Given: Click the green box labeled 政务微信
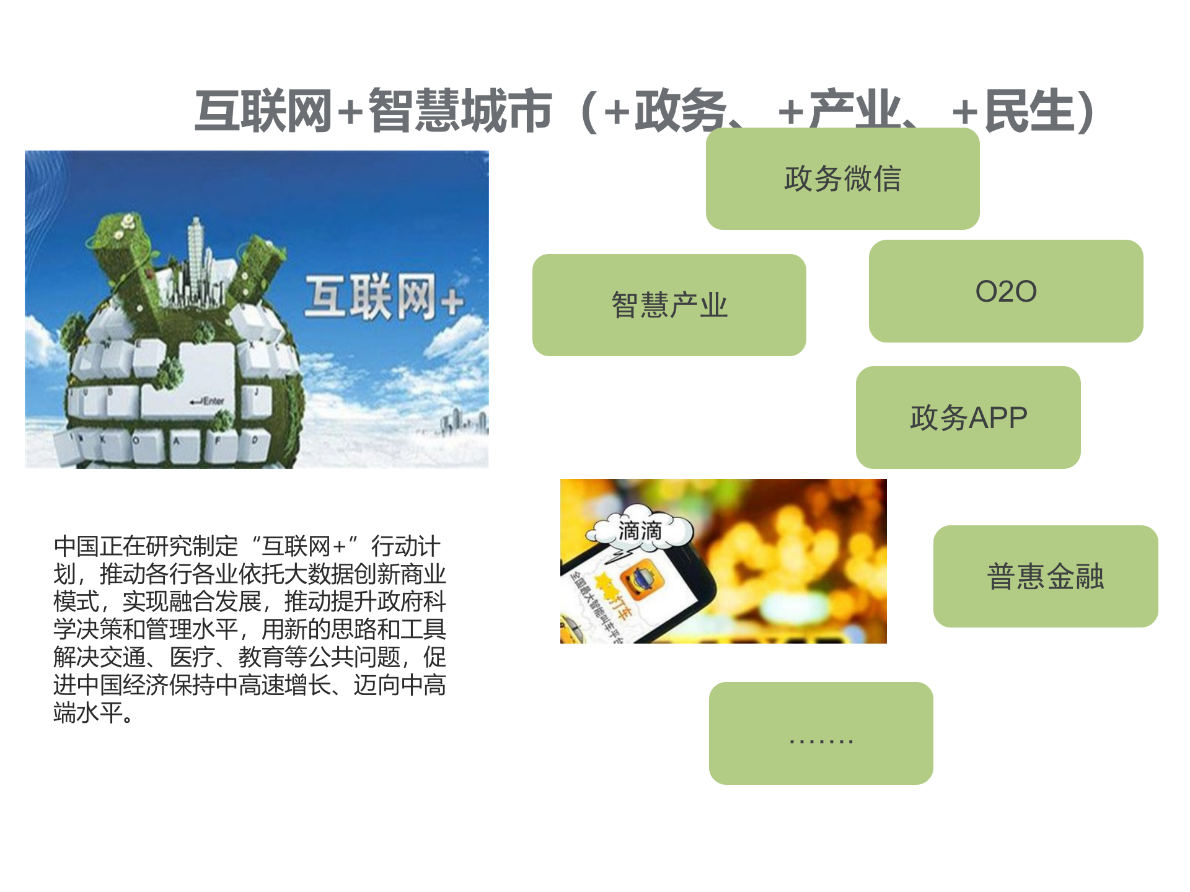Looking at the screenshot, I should [842, 179].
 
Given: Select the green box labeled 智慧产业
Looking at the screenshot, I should [669, 305].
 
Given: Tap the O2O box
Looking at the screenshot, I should [1005, 291].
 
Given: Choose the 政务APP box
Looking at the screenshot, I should [967, 418].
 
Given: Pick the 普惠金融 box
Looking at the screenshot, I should [1045, 576].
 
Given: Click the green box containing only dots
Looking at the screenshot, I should [821, 733].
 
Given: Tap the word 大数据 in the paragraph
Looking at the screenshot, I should [319, 574].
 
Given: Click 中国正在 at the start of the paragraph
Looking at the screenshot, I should [99, 546].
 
